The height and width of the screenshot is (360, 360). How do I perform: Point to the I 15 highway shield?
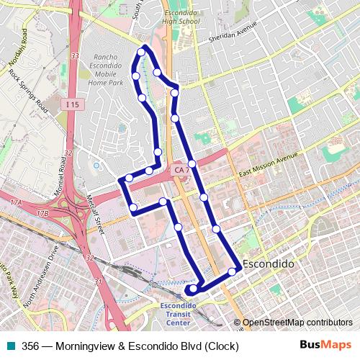click(x=70, y=104)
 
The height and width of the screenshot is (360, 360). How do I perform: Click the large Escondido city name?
click(x=269, y=264)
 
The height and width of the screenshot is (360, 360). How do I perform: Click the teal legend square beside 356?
click(x=11, y=346)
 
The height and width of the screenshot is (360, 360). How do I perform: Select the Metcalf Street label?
click(x=96, y=216)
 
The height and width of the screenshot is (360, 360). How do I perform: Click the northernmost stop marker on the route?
click(x=141, y=52)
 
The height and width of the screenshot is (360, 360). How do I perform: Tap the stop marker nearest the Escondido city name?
click(x=233, y=271)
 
